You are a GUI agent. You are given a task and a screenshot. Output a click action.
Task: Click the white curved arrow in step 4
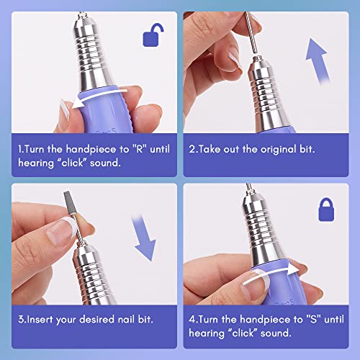pyautogui.click(x=270, y=274)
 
